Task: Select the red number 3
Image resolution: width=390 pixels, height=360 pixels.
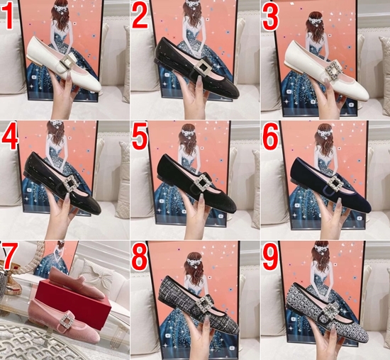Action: pos(270,18)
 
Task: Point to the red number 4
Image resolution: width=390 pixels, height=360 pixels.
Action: pos(10,137)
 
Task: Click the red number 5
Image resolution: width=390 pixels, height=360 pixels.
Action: pos(139,137)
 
